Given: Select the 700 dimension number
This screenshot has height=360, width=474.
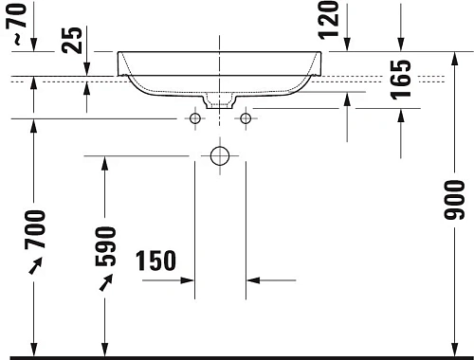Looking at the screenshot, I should [36, 231].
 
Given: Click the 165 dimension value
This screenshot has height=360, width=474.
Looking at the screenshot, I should [401, 81].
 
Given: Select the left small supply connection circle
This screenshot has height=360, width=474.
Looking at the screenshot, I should [195, 118].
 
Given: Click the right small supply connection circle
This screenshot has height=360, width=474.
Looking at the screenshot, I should [246, 118].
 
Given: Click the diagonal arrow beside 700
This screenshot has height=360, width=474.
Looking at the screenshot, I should [35, 270].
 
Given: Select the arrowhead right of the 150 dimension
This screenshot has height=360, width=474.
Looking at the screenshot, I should [253, 280].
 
